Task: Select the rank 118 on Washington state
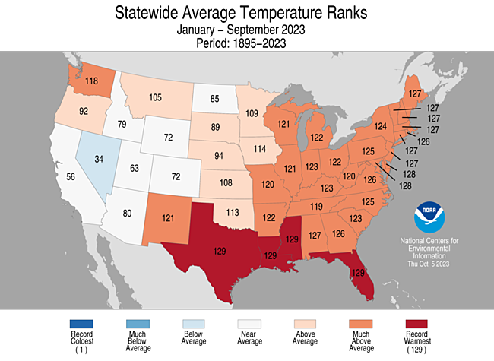click(90, 81)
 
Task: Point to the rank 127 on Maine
click(415, 95)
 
